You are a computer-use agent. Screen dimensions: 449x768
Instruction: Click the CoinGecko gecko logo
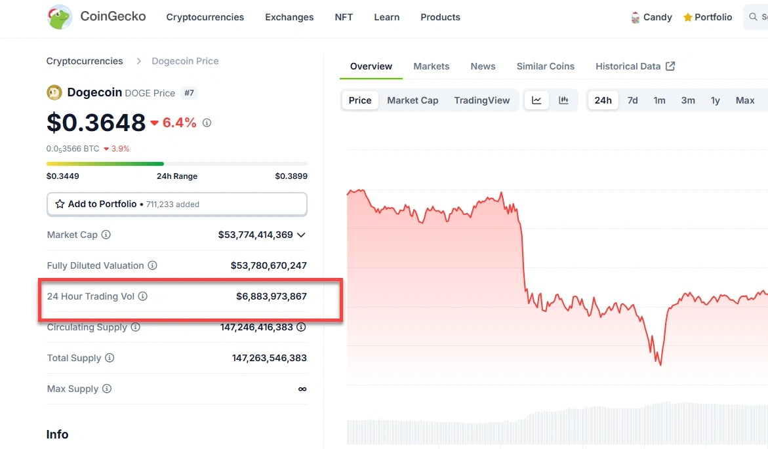(x=60, y=17)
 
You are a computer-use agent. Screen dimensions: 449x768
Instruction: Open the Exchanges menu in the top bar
(x=289, y=17)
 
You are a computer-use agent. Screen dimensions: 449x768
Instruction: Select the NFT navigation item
(x=344, y=17)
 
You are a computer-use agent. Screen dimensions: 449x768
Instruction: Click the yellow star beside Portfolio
(x=687, y=18)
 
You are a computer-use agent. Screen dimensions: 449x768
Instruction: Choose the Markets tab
(x=431, y=66)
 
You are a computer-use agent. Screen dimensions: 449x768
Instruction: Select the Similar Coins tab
(x=545, y=66)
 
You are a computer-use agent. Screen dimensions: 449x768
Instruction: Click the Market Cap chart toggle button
(x=413, y=100)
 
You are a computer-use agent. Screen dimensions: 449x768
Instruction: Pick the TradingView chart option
(x=481, y=100)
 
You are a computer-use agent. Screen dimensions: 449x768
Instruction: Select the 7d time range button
(x=632, y=100)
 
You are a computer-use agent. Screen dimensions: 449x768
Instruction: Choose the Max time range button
(x=744, y=100)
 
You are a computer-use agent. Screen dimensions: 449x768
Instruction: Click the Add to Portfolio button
(x=176, y=204)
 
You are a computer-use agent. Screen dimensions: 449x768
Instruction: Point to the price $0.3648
(x=96, y=123)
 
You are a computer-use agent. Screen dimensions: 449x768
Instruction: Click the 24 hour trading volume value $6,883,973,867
(x=271, y=296)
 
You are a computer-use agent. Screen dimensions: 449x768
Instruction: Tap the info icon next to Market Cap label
(x=106, y=235)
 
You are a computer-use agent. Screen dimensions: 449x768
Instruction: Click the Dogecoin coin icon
(x=54, y=92)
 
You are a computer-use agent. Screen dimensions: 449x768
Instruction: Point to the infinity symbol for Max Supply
(x=302, y=389)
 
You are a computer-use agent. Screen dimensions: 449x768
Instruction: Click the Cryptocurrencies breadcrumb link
(x=85, y=61)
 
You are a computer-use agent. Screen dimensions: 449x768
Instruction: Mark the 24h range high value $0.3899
(x=291, y=176)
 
